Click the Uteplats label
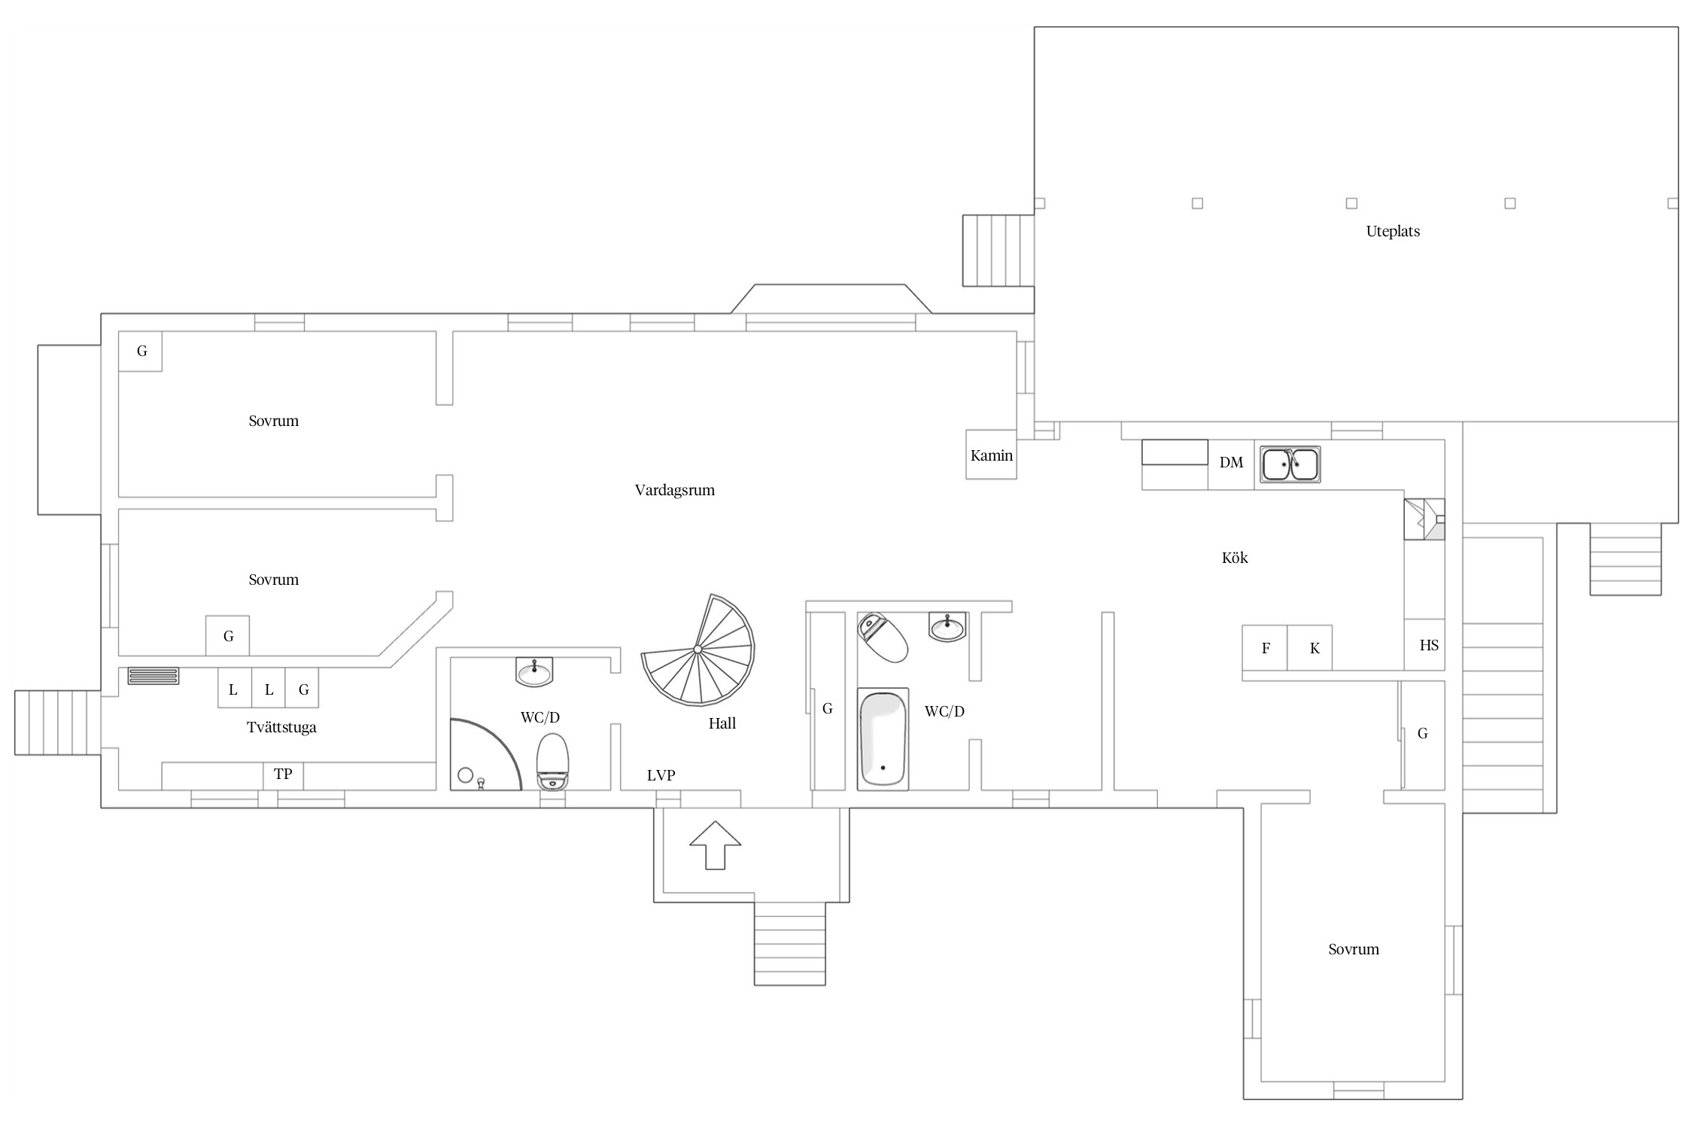pyautogui.click(x=1393, y=231)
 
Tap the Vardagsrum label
pyautogui.click(x=675, y=490)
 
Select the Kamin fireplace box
pyautogui.click(x=991, y=455)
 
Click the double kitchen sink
pyautogui.click(x=1290, y=464)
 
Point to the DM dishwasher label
pyautogui.click(x=1231, y=462)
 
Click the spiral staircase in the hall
pyautogui.click(x=698, y=650)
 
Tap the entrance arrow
pyautogui.click(x=715, y=844)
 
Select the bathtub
pyautogui.click(x=883, y=738)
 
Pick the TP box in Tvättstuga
pyautogui.click(x=283, y=775)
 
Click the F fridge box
pyautogui.click(x=1265, y=647)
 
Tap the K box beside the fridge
pyautogui.click(x=1310, y=647)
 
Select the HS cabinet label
pyautogui.click(x=1429, y=645)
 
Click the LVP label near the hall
pyautogui.click(x=661, y=775)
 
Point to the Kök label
pyautogui.click(x=1235, y=558)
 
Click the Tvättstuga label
pyautogui.click(x=281, y=727)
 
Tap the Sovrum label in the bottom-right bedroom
pyautogui.click(x=1354, y=949)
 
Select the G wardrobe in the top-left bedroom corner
pyautogui.click(x=141, y=351)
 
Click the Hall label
pyautogui.click(x=722, y=723)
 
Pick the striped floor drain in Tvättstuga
pyautogui.click(x=153, y=676)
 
